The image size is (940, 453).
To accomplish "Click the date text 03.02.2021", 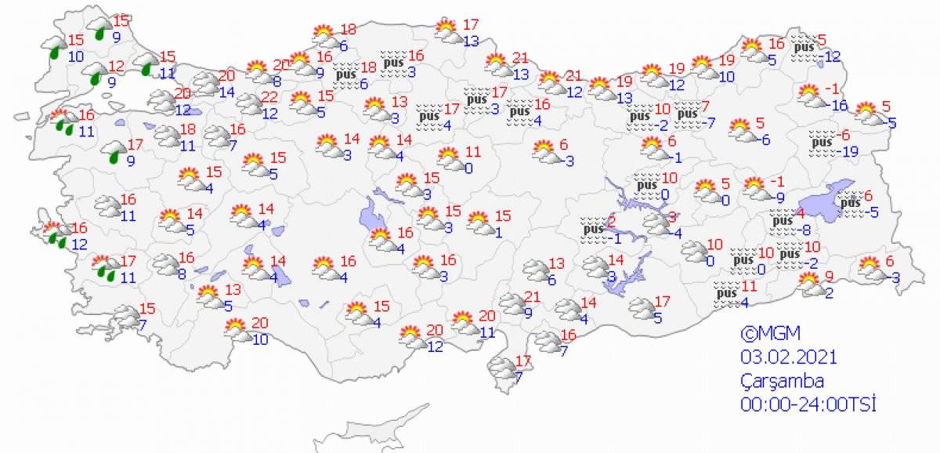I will (x=789, y=357).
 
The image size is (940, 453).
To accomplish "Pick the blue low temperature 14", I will (x=227, y=92).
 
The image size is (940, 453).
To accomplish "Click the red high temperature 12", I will (x=117, y=66).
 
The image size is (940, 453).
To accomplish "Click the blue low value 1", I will (x=497, y=231).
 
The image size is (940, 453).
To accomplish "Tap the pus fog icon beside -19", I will (x=820, y=142).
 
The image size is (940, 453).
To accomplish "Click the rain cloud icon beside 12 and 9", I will (x=97, y=74).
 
